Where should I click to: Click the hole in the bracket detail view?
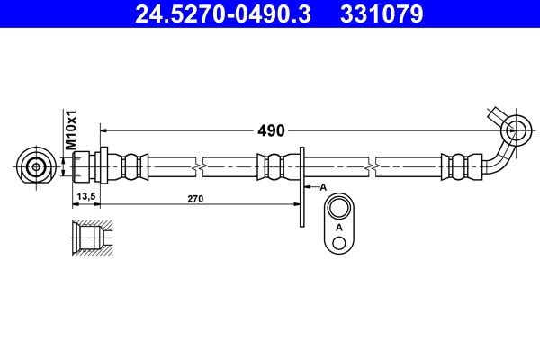[338, 210]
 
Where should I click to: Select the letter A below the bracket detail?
[338, 229]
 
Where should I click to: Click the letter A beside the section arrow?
[322, 187]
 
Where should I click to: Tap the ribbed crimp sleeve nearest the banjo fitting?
[456, 166]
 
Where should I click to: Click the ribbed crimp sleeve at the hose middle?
[273, 166]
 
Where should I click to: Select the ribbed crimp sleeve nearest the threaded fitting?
[132, 166]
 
